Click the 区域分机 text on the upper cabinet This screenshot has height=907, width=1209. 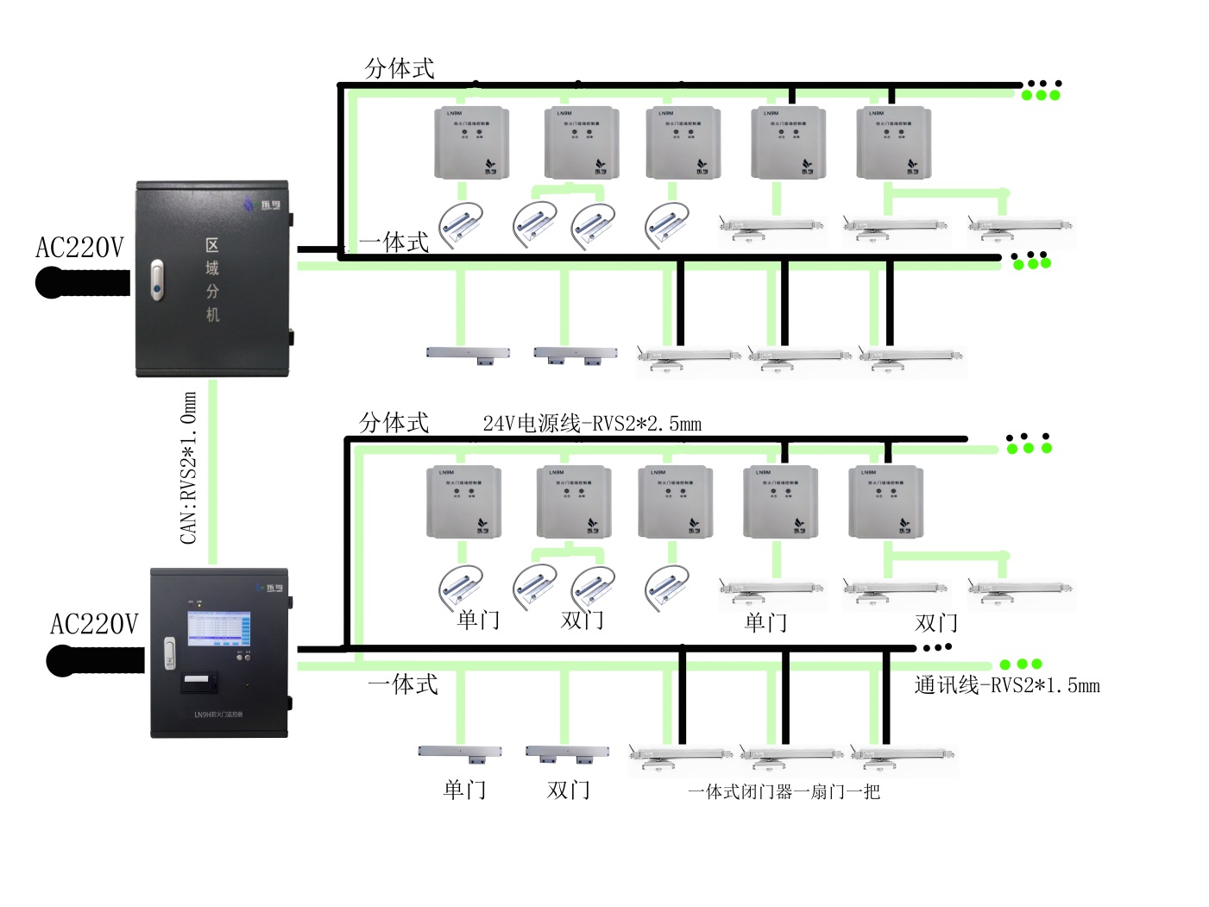coord(212,280)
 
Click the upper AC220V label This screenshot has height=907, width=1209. coord(79,249)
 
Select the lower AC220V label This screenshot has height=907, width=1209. coord(94,624)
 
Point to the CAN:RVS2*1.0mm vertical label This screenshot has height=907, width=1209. coord(189,468)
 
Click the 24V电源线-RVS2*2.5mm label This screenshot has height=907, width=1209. coord(592,424)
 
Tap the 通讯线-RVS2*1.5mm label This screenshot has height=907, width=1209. coord(1007,686)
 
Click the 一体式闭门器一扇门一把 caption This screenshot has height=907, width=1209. coord(784,791)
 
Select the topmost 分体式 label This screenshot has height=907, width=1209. coord(400,68)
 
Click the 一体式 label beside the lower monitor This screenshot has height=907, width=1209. coord(402,684)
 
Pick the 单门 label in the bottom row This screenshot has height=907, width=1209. coord(464,790)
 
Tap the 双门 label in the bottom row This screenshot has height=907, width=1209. coord(568,790)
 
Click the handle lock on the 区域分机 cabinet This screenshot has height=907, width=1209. coord(156,280)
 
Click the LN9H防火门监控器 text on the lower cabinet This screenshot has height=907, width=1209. coord(218,715)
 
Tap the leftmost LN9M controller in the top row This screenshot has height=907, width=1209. coord(471,143)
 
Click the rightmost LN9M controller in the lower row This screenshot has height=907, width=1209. coord(885,502)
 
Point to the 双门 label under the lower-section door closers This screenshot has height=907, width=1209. coord(935,622)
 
